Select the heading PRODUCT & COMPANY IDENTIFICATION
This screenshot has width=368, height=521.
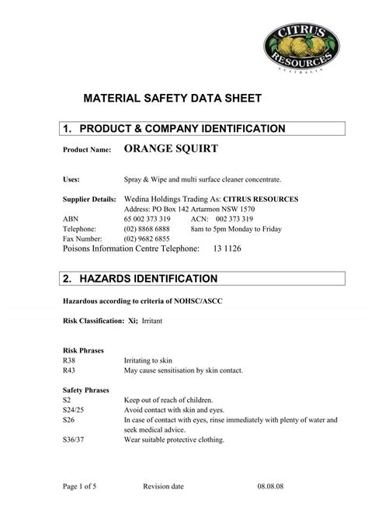point(183,128)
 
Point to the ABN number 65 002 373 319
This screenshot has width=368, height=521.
point(148,220)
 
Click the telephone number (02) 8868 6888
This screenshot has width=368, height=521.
point(148,230)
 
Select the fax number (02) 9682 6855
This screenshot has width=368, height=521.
point(148,239)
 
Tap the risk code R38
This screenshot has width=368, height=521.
point(69,360)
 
